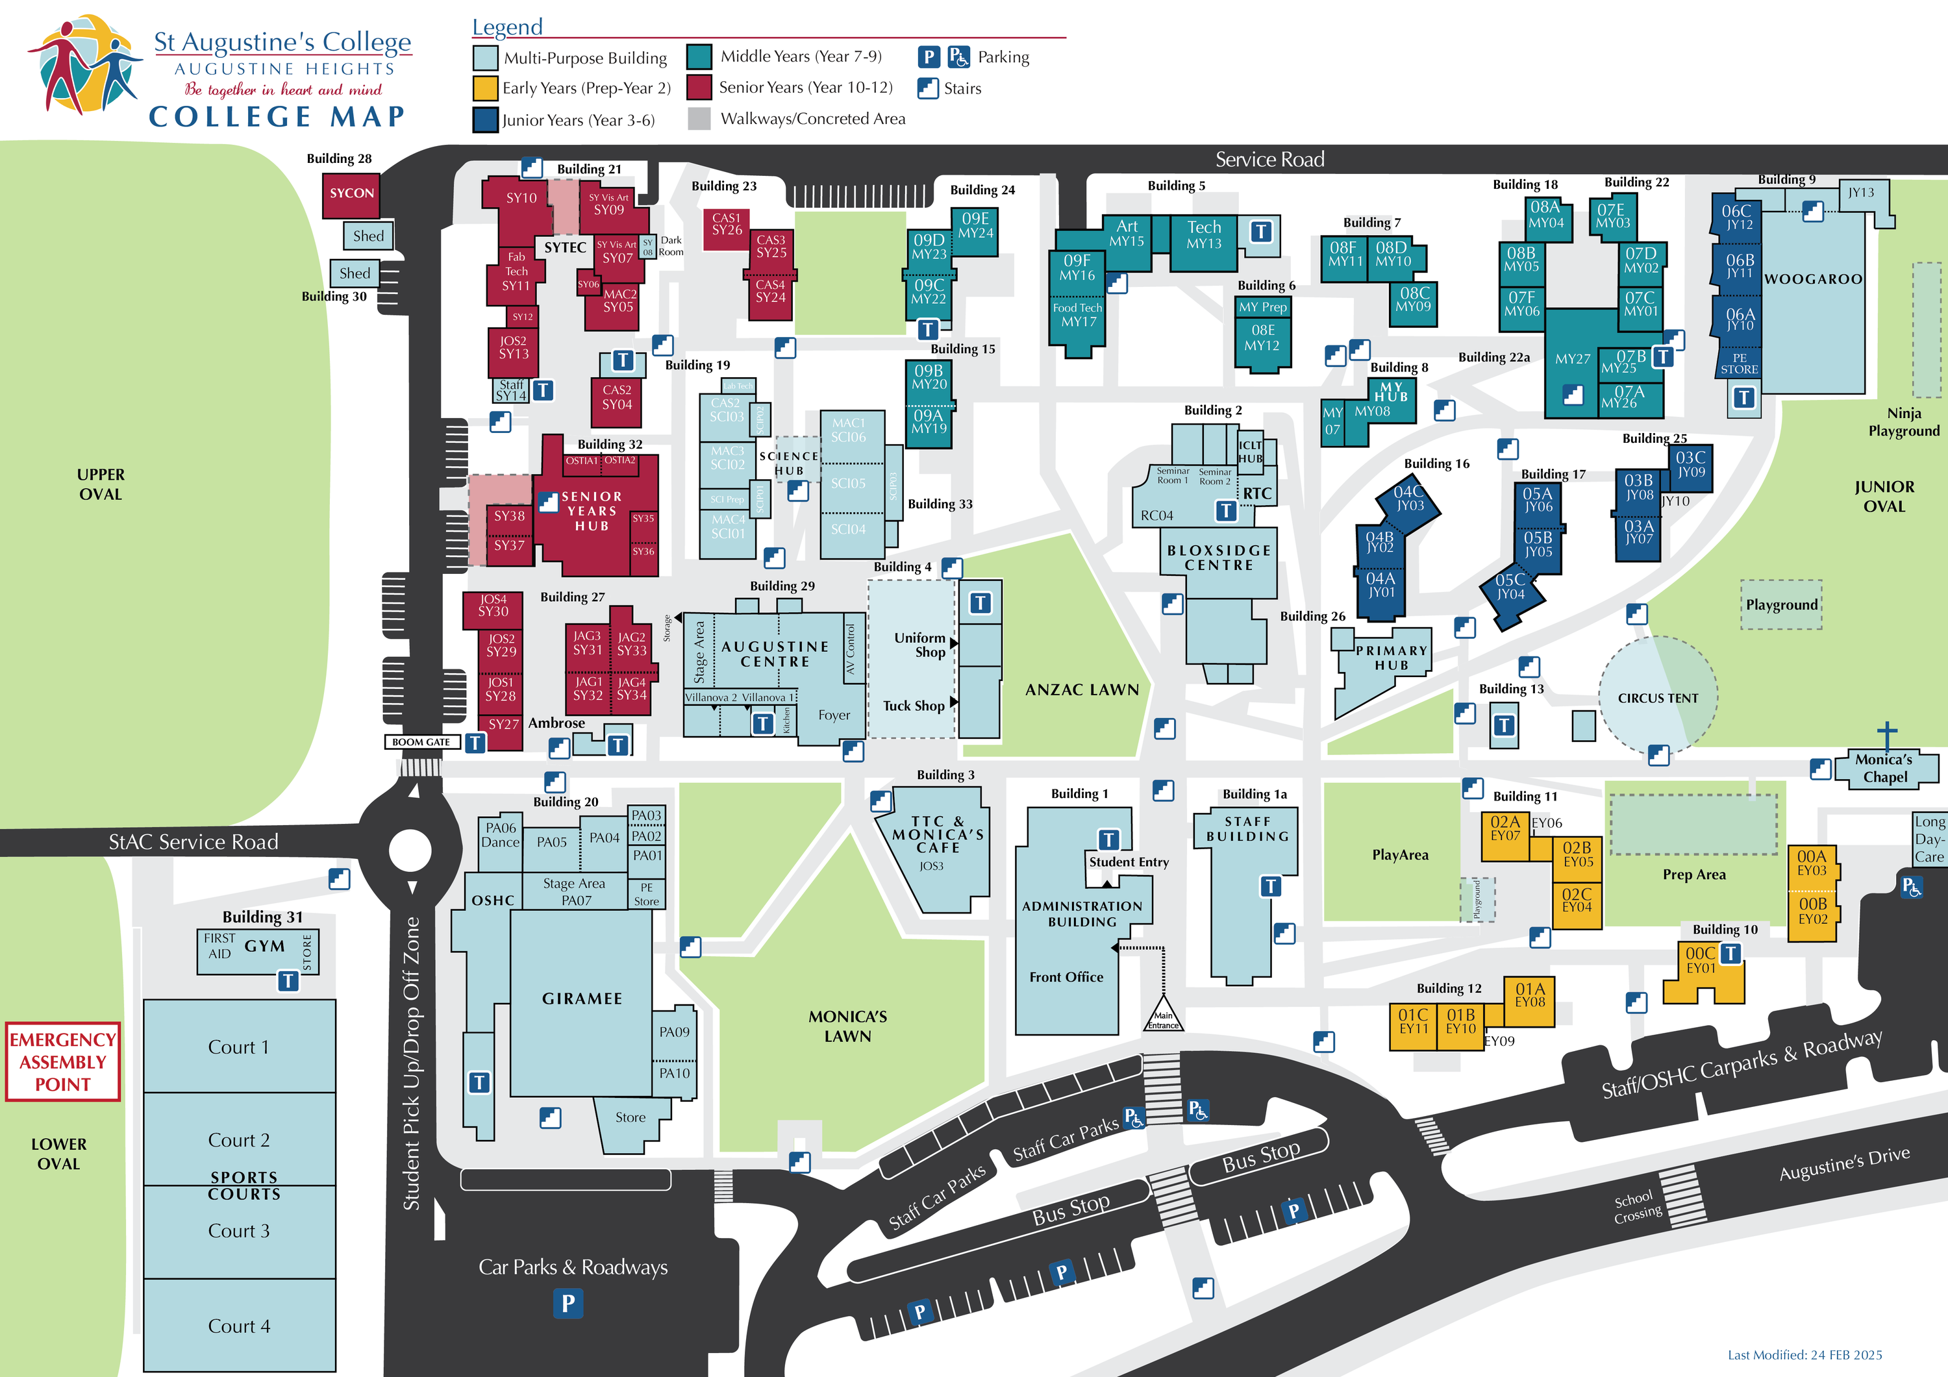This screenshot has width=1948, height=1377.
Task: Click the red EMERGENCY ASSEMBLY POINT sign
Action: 63,1061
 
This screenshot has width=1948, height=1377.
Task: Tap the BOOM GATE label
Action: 421,741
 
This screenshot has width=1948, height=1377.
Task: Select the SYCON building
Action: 351,194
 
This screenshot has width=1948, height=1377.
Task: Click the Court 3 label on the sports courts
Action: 238,1231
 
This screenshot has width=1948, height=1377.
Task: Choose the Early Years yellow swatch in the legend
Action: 484,88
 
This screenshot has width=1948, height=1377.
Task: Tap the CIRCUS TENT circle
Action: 1657,697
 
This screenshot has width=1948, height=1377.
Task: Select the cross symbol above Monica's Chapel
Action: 1886,731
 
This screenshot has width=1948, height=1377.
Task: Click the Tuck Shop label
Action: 913,706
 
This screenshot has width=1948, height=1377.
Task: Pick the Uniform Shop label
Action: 919,645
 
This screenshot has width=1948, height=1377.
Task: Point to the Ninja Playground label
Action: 1903,421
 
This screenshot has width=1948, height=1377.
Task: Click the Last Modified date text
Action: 1804,1354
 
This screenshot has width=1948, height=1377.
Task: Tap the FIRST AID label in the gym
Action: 219,945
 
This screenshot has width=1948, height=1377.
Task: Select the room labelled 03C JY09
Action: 1690,465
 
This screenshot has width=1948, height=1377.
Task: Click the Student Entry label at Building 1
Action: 1129,862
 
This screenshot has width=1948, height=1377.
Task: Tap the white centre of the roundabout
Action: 410,849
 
